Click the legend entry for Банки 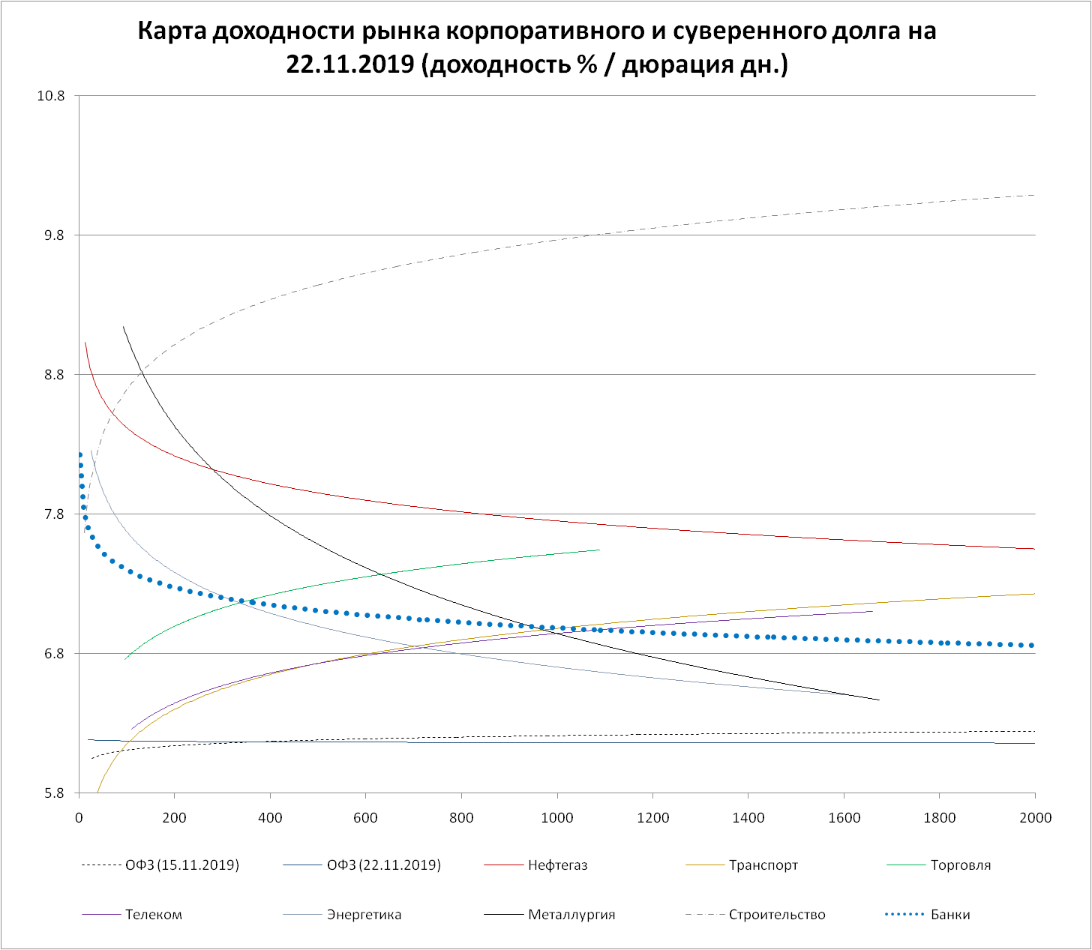[x=949, y=915]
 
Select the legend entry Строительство [x=777, y=915]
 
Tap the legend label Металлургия [x=571, y=915]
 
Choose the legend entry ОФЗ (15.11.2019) [x=181, y=865]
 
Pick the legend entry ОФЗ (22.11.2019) [x=383, y=865]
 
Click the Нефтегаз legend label [x=557, y=865]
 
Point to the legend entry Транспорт [x=763, y=865]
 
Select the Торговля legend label [x=960, y=865]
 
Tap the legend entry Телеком [x=153, y=915]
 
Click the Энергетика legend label [x=364, y=915]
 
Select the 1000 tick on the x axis [x=557, y=817]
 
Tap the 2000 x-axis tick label [x=1035, y=817]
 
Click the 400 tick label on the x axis [x=270, y=817]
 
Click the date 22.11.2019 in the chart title [x=350, y=64]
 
